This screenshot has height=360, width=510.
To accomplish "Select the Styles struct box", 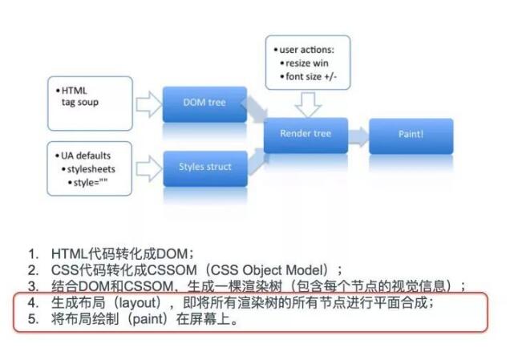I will pos(204,167).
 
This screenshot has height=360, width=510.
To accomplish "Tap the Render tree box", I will pos(307,134).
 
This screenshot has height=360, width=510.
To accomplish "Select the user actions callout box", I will pos(308,59).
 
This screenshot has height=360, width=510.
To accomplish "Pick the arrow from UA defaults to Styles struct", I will pos(149,168).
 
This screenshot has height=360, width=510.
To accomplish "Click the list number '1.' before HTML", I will pos(32,253).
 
